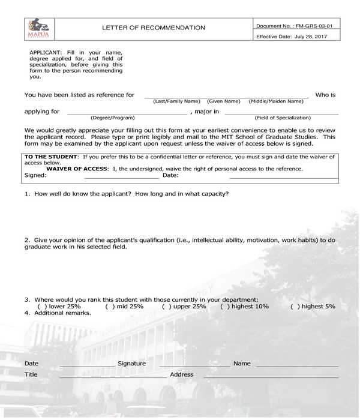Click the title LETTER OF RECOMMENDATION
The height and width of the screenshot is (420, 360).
[154, 28]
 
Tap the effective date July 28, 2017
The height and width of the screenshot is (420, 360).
[304, 37]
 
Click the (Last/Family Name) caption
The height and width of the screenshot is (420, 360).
[176, 101]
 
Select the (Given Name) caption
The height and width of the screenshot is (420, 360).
[223, 101]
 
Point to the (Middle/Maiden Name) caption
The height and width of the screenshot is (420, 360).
[276, 101]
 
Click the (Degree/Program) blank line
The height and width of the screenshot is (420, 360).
[127, 113]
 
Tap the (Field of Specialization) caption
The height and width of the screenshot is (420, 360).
[283, 118]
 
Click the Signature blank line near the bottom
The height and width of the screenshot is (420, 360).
[194, 365]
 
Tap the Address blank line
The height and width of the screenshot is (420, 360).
[270, 377]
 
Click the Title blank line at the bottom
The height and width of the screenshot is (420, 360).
[113, 377]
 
